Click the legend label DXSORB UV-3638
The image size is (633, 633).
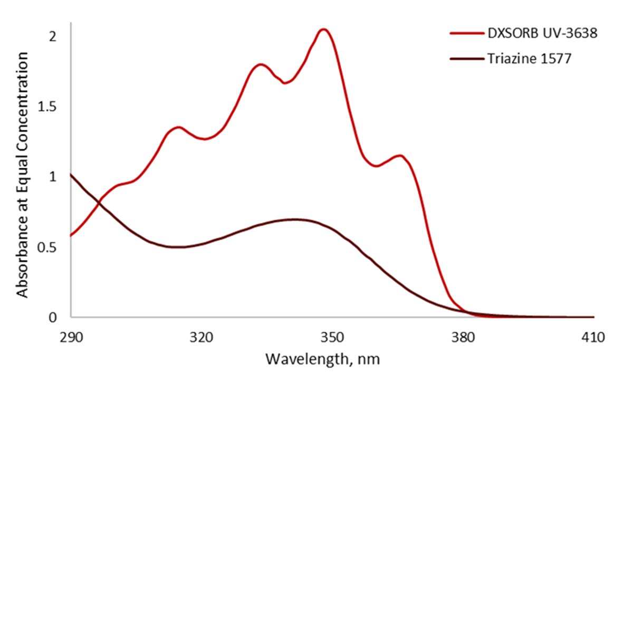(x=542, y=33)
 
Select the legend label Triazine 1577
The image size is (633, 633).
(x=529, y=59)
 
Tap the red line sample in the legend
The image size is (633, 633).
(x=467, y=33)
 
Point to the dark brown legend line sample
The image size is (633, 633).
(x=467, y=59)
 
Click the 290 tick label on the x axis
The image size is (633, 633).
(x=71, y=338)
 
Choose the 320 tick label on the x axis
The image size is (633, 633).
(x=202, y=338)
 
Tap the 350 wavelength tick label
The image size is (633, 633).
(x=332, y=338)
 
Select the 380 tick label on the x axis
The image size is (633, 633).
(x=463, y=338)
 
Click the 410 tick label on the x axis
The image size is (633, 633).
(x=593, y=338)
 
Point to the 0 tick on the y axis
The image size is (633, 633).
(x=52, y=318)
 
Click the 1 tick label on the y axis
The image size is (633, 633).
(x=52, y=177)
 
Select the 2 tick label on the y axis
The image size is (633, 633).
(x=52, y=36)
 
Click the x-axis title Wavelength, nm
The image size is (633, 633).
(x=322, y=359)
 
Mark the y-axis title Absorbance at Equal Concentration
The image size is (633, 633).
(x=22, y=175)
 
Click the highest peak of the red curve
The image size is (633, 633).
(x=324, y=30)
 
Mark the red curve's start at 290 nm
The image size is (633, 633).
(x=71, y=235)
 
